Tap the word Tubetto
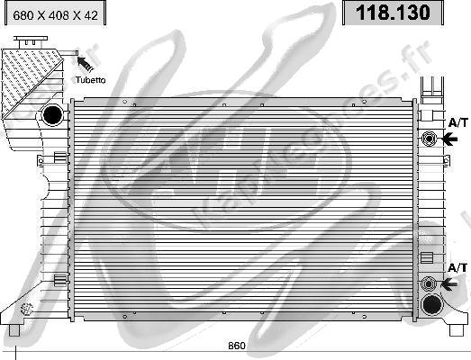(x=90, y=79)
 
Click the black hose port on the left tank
(x=53, y=114)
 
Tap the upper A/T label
(x=458, y=121)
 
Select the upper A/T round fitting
(x=429, y=139)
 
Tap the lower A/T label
(x=458, y=267)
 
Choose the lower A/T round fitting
(x=429, y=284)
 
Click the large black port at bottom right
(x=432, y=304)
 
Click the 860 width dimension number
(x=235, y=346)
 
